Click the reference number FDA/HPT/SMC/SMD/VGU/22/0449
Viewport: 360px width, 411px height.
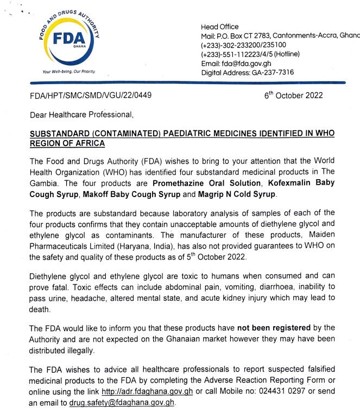click(90, 96)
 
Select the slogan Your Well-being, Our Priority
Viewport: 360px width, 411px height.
click(68, 71)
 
